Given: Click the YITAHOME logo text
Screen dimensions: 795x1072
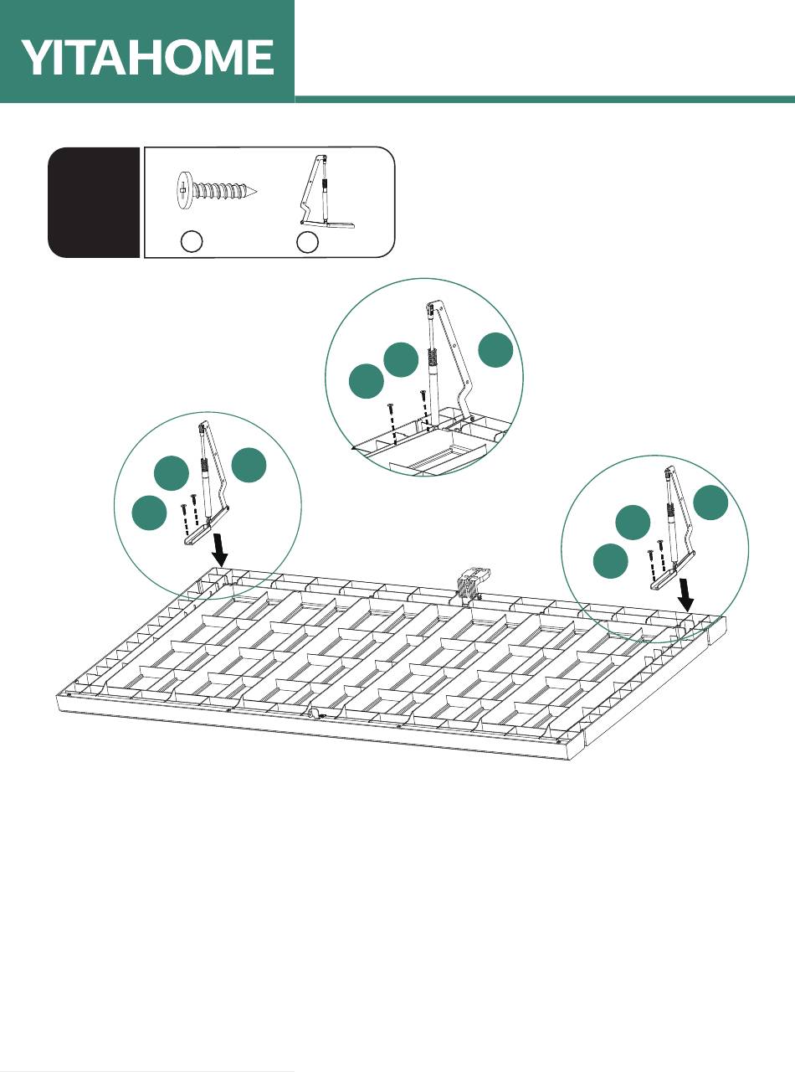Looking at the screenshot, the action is (x=148, y=57).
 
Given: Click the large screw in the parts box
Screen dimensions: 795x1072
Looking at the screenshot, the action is (x=216, y=189).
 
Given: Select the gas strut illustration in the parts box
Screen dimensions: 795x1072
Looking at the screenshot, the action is (x=325, y=192).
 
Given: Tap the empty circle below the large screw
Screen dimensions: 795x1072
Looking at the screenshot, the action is (x=192, y=240).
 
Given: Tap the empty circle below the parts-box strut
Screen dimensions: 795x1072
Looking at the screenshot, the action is (x=308, y=241).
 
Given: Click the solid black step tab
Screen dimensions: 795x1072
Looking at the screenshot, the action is (x=94, y=202).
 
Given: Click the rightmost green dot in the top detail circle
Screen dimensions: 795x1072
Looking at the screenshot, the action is (x=495, y=350).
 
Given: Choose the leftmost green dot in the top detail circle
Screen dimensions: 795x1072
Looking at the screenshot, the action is (x=366, y=381).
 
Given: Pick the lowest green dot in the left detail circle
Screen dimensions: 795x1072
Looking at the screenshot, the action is (x=150, y=513).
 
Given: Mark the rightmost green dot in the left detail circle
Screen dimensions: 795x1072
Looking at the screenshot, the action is (x=249, y=466).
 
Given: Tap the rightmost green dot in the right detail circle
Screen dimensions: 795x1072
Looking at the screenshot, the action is (x=711, y=502).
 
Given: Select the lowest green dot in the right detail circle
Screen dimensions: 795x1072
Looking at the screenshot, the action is (x=611, y=561).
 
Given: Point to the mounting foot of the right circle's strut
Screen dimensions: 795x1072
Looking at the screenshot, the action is (x=672, y=571).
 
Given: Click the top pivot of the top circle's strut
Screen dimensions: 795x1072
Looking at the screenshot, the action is (x=434, y=307).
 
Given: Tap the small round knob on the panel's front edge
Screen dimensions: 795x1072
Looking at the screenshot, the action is (x=311, y=713).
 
